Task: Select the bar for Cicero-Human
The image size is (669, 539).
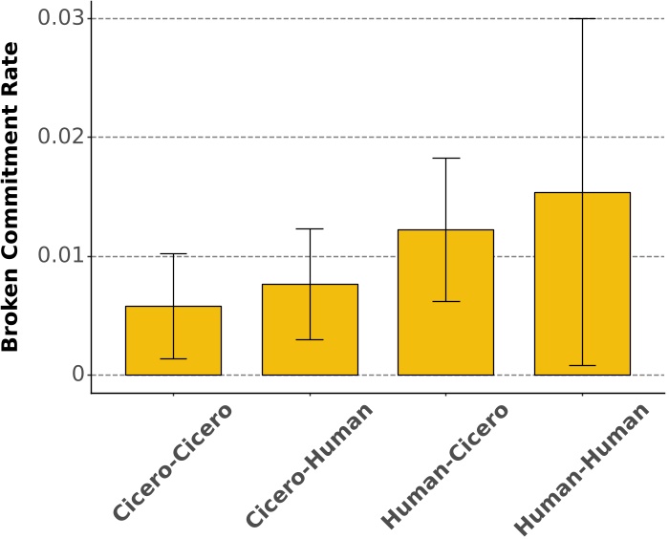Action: coord(310,330)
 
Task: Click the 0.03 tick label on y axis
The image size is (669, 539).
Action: coord(60,18)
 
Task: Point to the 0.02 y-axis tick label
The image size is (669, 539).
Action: coord(60,137)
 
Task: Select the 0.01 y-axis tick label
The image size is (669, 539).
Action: coord(60,256)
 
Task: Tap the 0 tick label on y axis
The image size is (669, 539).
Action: coord(77,375)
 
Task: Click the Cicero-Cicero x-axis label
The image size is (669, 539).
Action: coord(173,463)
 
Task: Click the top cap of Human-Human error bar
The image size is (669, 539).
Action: coord(582,18)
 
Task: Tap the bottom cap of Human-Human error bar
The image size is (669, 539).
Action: coord(582,365)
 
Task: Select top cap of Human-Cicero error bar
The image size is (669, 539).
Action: coord(445,158)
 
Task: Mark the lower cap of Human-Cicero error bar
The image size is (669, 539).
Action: coord(445,301)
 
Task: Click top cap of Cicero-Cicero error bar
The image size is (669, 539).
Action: coord(173,253)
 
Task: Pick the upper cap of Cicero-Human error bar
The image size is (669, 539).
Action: coord(310,228)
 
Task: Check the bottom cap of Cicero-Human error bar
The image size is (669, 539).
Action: coord(310,339)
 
